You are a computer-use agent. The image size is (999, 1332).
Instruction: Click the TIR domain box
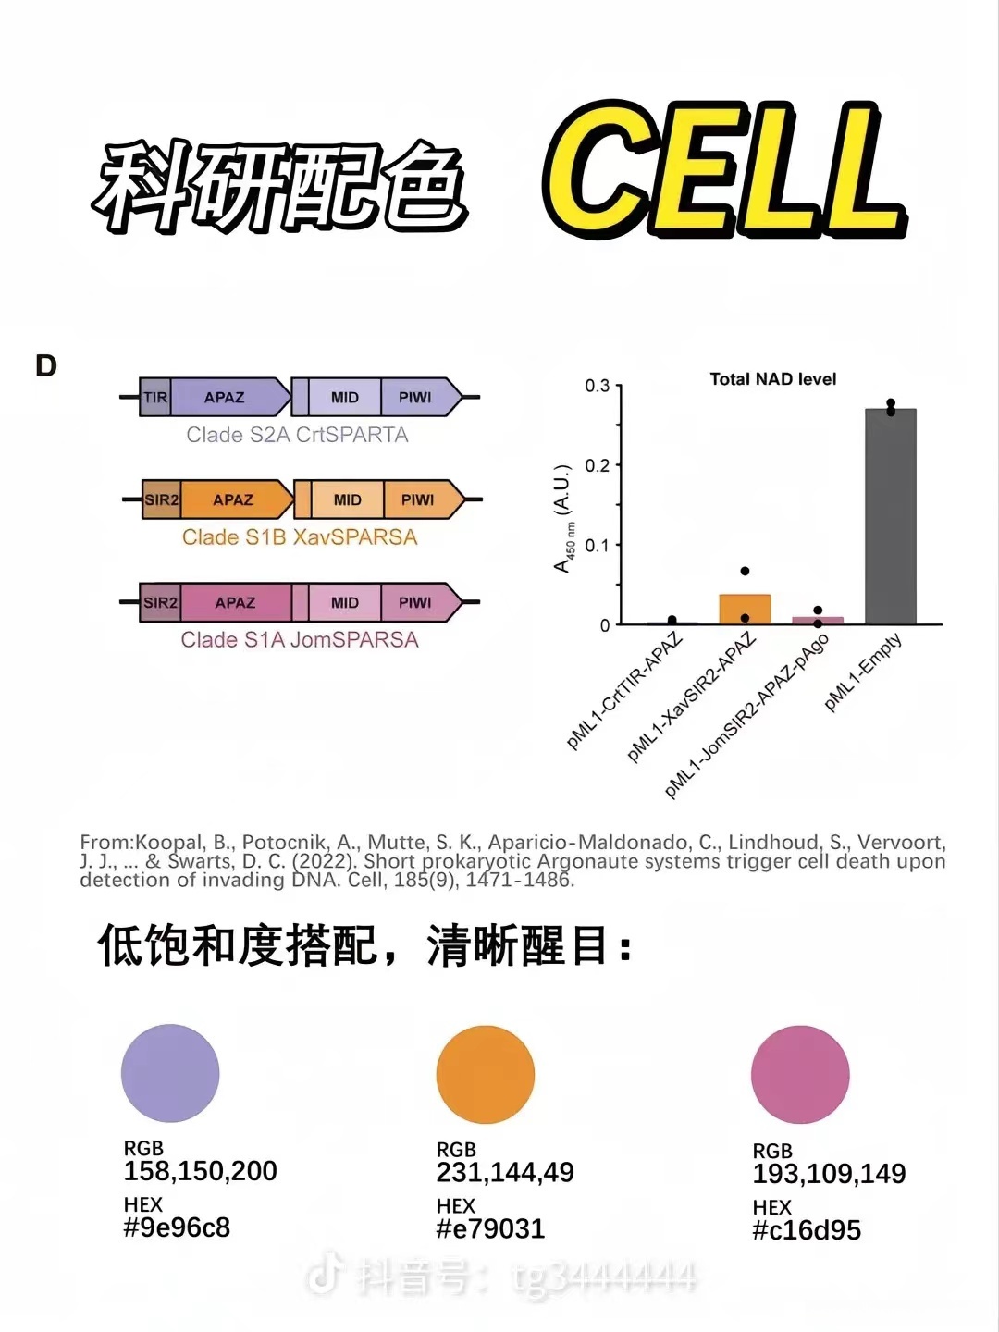pyautogui.click(x=154, y=398)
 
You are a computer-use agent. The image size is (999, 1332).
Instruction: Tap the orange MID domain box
pyautogui.click(x=347, y=500)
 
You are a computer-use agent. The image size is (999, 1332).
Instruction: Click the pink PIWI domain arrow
pyautogui.click(x=418, y=603)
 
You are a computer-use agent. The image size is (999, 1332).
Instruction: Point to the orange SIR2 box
pyautogui.click(x=161, y=500)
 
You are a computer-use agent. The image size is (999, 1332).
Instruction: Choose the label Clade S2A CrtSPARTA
pyautogui.click(x=297, y=435)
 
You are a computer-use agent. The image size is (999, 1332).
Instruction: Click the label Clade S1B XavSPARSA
pyautogui.click(x=300, y=537)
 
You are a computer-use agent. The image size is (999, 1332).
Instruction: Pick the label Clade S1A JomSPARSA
pyautogui.click(x=300, y=640)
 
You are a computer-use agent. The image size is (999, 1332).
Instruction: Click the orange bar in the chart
pyautogui.click(x=745, y=609)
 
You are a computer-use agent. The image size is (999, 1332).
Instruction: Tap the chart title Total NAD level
pyautogui.click(x=772, y=379)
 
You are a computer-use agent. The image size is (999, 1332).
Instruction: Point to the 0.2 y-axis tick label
pyautogui.click(x=598, y=465)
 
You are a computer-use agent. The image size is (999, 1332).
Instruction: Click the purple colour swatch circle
pyautogui.click(x=170, y=1073)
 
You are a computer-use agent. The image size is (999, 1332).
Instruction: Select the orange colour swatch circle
pyautogui.click(x=486, y=1075)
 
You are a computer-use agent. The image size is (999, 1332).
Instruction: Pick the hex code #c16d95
pyautogui.click(x=807, y=1230)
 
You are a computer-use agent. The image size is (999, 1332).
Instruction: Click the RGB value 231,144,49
pyautogui.click(x=505, y=1173)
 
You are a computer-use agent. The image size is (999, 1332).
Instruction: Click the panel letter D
pyautogui.click(x=46, y=366)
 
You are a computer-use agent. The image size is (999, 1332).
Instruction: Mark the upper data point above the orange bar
pyautogui.click(x=745, y=571)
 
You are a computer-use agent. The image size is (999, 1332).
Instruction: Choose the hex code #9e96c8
pyautogui.click(x=177, y=1227)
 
